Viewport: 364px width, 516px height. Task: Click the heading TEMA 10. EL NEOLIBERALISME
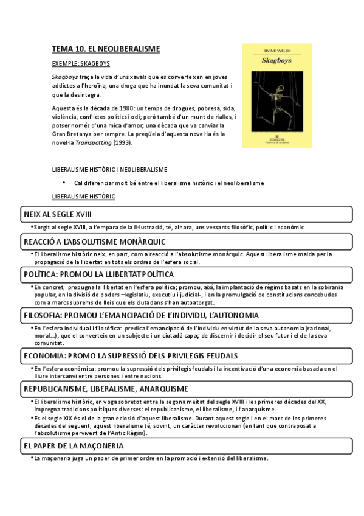click(106, 48)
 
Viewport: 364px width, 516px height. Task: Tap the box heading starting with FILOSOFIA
click(142, 315)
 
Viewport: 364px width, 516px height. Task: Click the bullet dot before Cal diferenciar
click(64, 183)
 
